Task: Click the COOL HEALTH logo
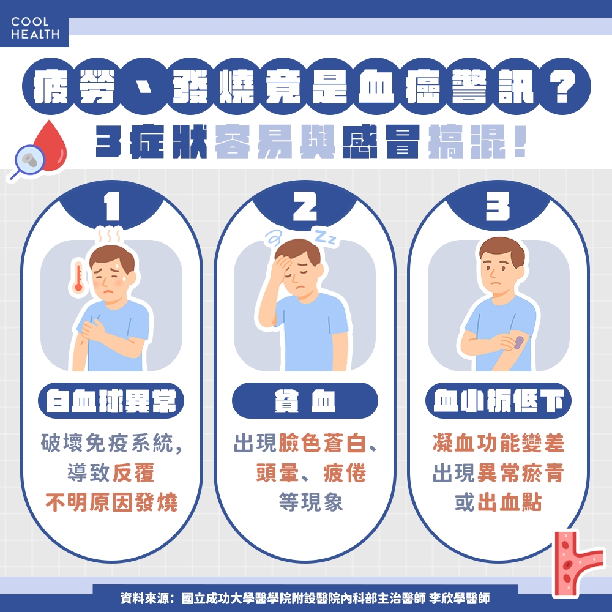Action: [35, 28]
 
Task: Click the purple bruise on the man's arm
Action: [518, 341]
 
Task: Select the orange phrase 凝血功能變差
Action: [498, 444]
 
